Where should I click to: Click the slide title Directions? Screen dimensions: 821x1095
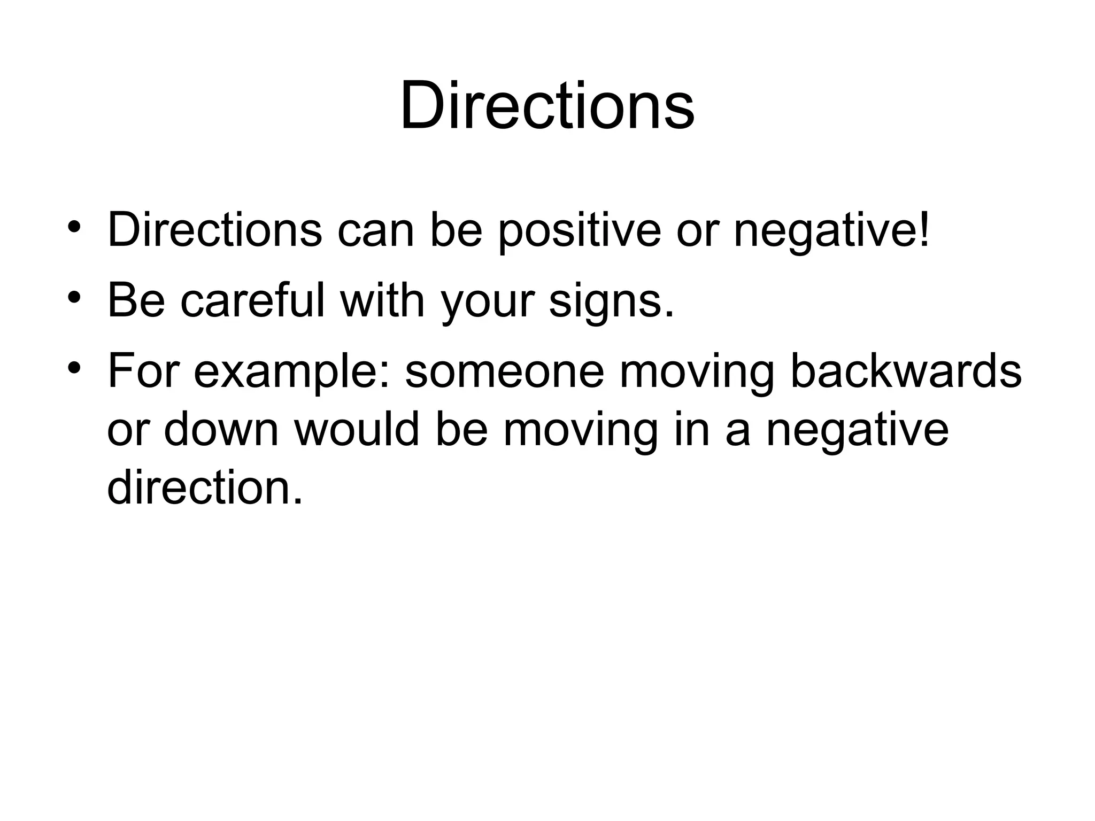(547, 105)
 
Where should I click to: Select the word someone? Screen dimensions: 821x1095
(505, 371)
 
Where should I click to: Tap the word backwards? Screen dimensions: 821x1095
(906, 371)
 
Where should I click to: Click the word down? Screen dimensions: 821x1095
(221, 430)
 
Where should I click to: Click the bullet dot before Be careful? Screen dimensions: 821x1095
(74, 296)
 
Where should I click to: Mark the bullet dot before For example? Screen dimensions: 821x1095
(74, 367)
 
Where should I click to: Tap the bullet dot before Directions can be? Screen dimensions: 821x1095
(74, 227)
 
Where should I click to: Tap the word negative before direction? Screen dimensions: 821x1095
(858, 431)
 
